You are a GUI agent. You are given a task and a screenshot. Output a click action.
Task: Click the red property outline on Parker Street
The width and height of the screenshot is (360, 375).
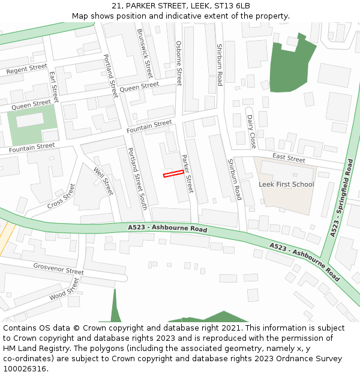(173, 173)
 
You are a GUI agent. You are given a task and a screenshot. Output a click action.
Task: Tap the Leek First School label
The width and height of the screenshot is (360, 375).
(286, 184)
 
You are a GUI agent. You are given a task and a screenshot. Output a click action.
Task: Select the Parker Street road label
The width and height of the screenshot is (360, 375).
(188, 173)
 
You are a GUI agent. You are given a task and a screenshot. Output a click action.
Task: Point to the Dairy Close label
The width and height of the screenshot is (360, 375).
(252, 131)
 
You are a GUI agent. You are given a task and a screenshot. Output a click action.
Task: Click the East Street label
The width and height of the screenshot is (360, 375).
(289, 158)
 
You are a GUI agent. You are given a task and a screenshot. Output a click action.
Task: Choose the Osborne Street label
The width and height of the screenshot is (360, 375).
(179, 63)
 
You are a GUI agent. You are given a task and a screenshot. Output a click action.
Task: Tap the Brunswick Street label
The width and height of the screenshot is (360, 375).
(145, 54)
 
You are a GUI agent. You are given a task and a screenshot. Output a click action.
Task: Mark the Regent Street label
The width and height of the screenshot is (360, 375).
(26, 69)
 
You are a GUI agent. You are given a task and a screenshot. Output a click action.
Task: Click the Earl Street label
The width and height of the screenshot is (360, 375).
(53, 86)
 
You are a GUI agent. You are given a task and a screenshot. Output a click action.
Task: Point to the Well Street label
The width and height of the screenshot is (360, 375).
(103, 181)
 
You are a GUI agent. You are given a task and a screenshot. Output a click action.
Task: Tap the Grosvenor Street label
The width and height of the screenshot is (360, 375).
(58, 268)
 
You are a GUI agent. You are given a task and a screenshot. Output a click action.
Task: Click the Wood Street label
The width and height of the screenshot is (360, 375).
(65, 289)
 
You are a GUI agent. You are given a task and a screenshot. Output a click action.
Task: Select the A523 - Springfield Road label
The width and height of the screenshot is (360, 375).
(341, 197)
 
